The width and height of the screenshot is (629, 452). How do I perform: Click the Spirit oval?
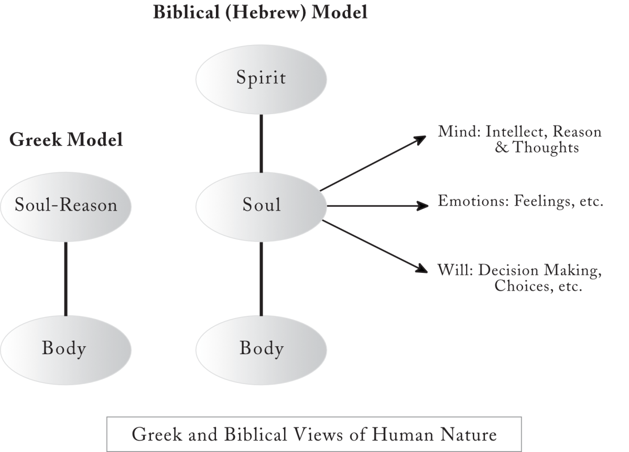coord(261,79)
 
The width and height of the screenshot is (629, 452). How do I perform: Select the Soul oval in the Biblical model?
coord(261,205)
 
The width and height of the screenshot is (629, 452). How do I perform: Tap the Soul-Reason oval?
coord(66,205)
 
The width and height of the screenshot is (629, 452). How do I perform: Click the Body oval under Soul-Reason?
coord(66,348)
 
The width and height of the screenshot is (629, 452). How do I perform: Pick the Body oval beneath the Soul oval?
coord(261,348)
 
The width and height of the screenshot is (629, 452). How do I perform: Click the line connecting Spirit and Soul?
coord(261,142)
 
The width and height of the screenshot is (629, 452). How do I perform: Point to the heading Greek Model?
coord(66,140)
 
